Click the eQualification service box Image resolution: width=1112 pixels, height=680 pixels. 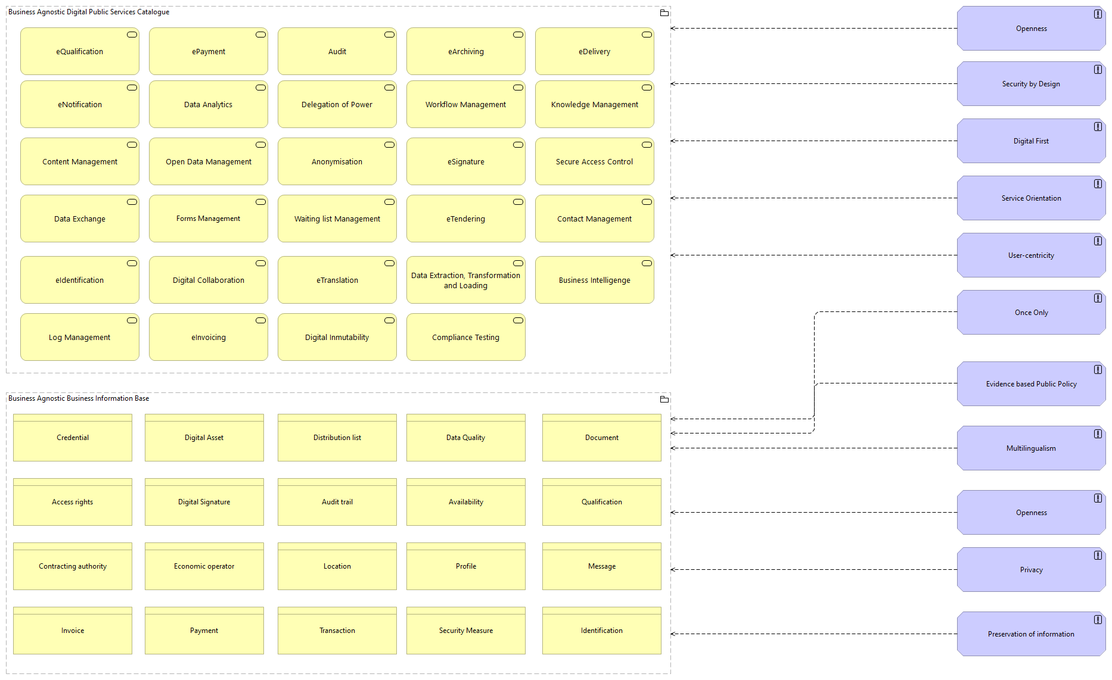[x=79, y=52]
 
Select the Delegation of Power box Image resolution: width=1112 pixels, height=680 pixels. [x=337, y=105]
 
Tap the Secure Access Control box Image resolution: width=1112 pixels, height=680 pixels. [x=594, y=162]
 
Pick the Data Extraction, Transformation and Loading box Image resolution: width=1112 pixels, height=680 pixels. [x=465, y=280]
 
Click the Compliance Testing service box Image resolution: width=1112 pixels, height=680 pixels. [x=465, y=338]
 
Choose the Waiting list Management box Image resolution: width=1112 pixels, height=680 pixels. [x=337, y=219]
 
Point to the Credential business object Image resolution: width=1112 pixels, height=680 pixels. [x=73, y=438]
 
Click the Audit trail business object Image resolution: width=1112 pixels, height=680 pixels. [x=337, y=502]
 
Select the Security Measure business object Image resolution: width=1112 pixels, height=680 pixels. [x=465, y=631]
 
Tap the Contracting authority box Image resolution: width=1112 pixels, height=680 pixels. [x=73, y=566]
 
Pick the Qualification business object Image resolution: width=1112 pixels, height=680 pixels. [x=601, y=502]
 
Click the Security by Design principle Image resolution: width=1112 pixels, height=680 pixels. [x=1031, y=84]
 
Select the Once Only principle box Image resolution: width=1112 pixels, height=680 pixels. [x=1031, y=313]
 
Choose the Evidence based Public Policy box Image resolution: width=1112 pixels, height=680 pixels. [x=1031, y=384]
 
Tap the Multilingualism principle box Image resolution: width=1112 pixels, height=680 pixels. [x=1031, y=448]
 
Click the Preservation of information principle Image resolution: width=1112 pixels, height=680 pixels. [x=1031, y=634]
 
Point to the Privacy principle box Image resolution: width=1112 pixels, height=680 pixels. [x=1031, y=570]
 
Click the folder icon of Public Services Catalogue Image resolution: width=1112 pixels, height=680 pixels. [x=664, y=13]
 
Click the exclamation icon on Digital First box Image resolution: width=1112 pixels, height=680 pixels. [x=1098, y=127]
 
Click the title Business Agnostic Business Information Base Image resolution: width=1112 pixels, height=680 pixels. [x=79, y=398]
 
